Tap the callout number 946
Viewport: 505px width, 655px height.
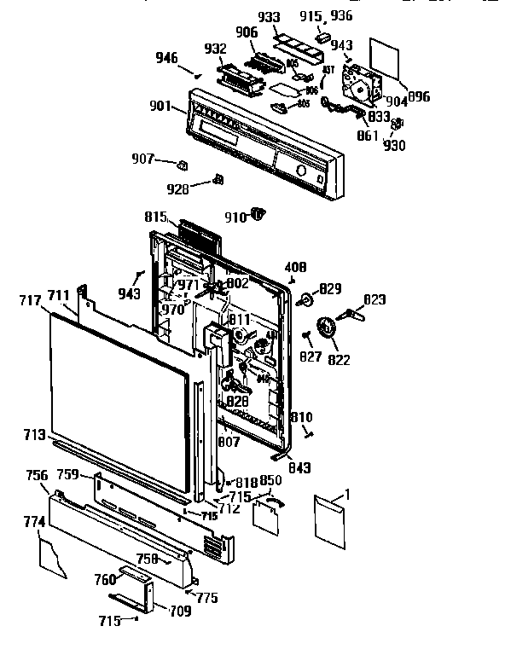166,59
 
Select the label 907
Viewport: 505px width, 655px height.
142,159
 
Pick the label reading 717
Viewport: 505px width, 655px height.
30,299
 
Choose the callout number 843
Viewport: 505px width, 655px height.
299,467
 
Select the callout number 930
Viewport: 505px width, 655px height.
394,145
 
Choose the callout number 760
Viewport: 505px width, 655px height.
105,579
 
